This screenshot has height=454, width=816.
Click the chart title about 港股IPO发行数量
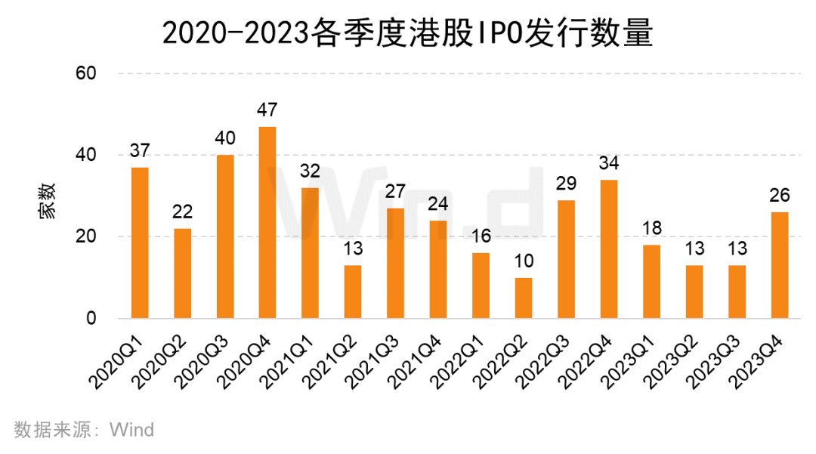click(x=408, y=33)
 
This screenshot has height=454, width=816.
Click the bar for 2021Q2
click(x=353, y=292)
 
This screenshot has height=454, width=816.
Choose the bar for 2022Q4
click(x=608, y=249)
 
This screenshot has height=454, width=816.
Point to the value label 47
click(x=267, y=110)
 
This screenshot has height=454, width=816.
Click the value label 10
click(x=523, y=261)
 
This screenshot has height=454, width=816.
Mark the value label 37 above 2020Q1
click(x=140, y=150)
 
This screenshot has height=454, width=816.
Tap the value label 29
click(x=566, y=184)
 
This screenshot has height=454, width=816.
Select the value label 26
click(x=779, y=196)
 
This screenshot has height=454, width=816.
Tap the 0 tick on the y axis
click(x=91, y=318)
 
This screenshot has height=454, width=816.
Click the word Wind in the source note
click(x=132, y=430)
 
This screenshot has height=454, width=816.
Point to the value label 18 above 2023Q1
click(x=651, y=228)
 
